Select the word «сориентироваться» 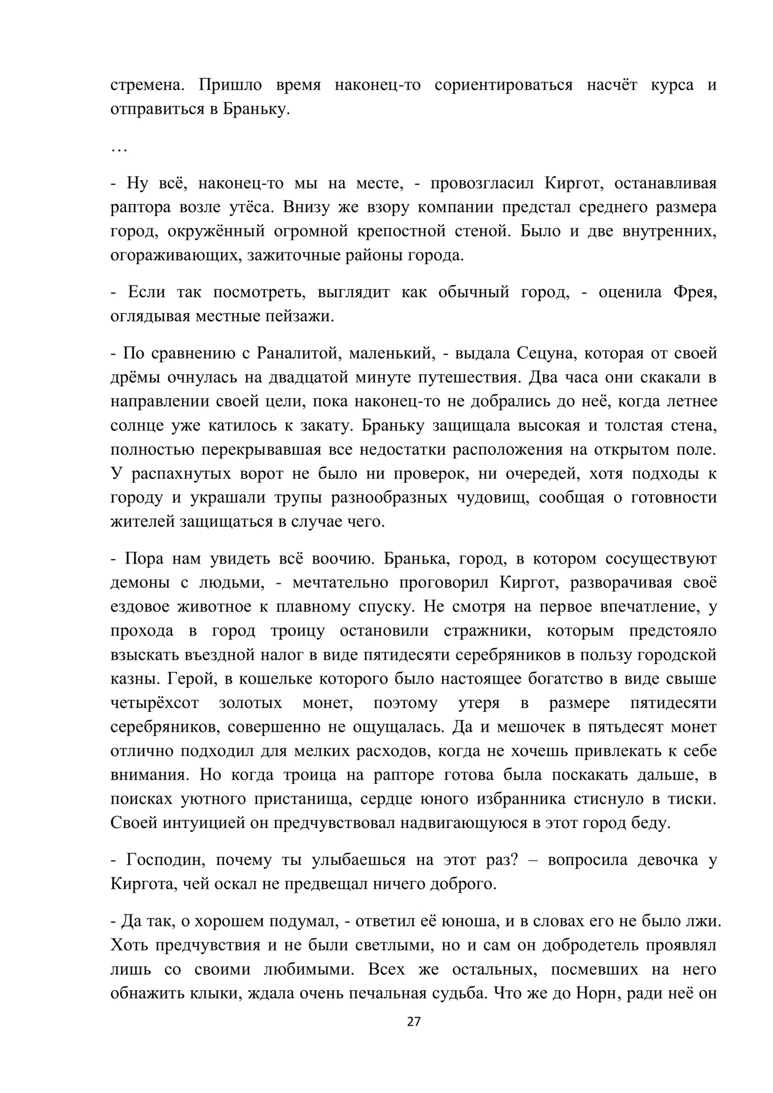[503, 85]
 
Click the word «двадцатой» [296, 377]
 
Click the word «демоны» [140, 583]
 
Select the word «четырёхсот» [154, 703]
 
